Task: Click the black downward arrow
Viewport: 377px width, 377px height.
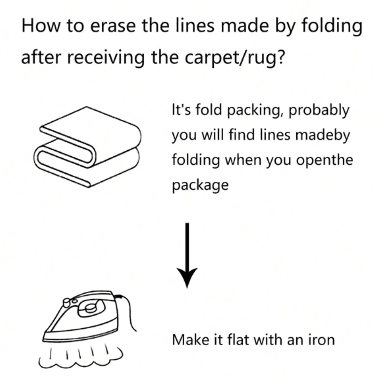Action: [x=187, y=254]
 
